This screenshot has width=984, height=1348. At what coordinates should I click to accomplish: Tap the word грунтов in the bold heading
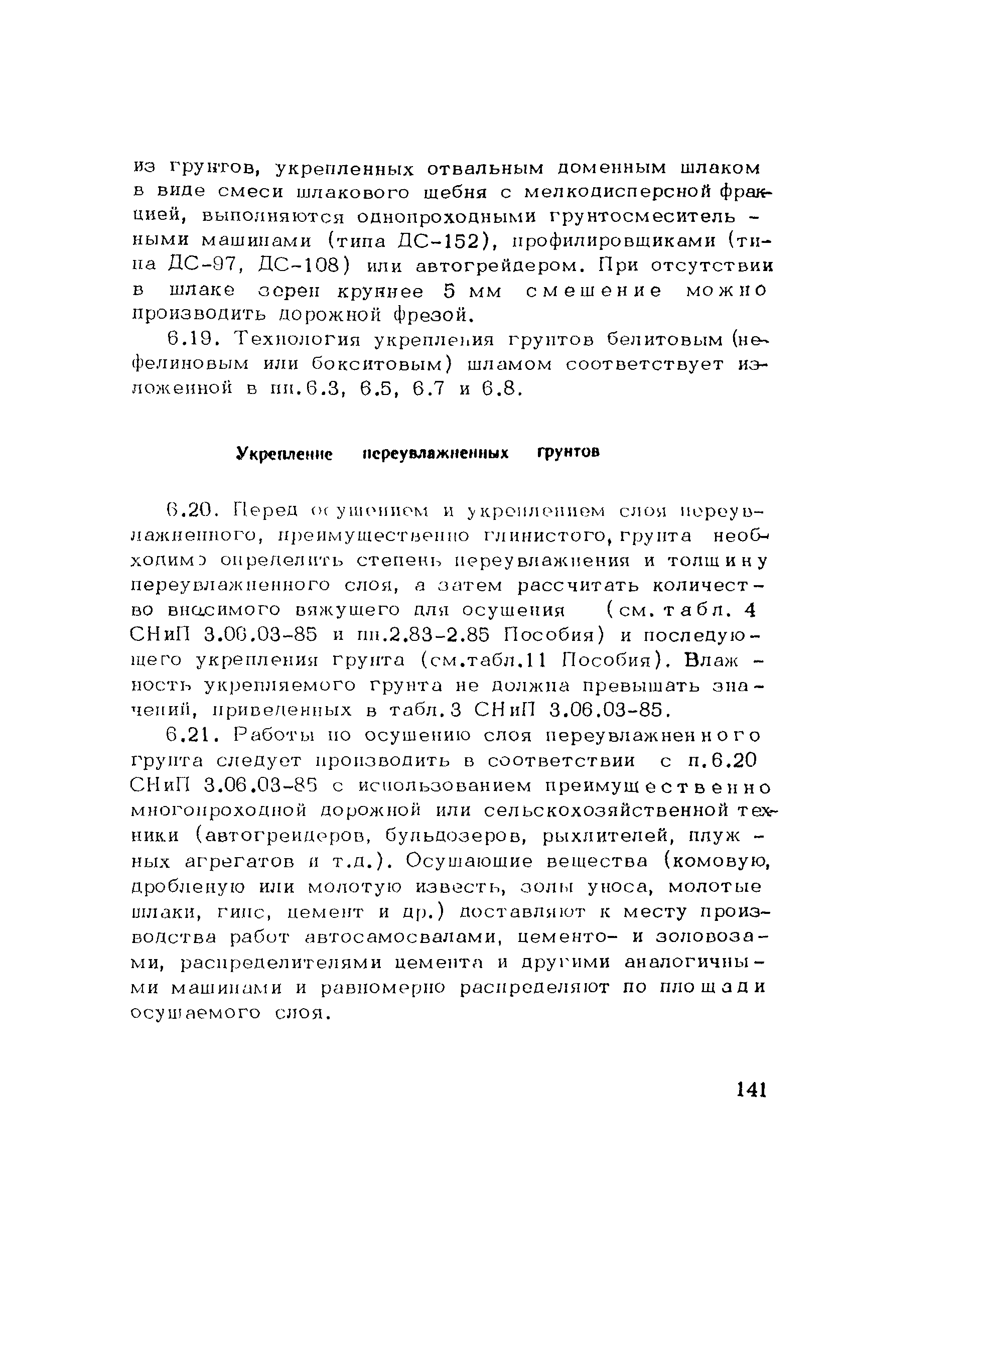[x=568, y=453]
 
